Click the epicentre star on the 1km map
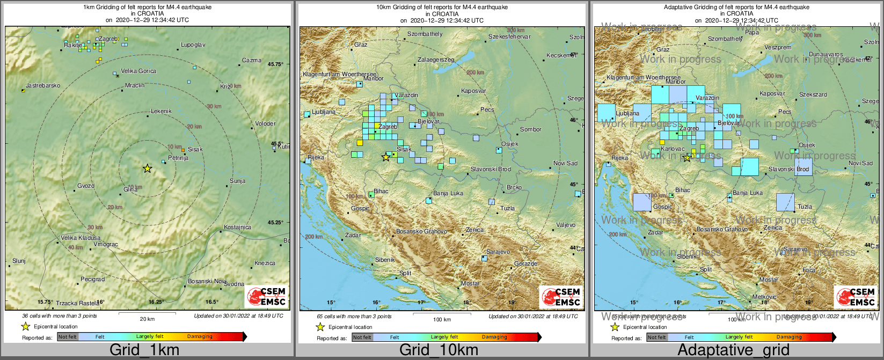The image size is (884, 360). coord(147,168)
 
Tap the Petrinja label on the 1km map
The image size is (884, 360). coord(178,158)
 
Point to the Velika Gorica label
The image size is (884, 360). coord(138,71)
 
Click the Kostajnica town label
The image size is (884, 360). coord(237,227)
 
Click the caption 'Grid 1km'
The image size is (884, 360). coord(144,350)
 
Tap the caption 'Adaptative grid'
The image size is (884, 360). coord(733,350)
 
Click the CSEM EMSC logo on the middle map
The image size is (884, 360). coord(560,297)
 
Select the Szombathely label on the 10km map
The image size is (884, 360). coord(425,34)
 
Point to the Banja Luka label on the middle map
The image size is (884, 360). coord(448,193)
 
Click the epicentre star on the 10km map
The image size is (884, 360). coord(385,157)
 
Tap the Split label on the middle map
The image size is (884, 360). coord(405,273)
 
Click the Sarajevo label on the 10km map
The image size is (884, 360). coord(498,252)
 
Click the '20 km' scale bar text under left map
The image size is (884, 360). coord(147,319)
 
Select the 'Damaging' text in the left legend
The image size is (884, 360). coord(200,336)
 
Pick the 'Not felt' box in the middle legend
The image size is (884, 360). coord(362,337)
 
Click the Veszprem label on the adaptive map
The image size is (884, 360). coord(778,47)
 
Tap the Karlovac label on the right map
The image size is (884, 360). coord(673,149)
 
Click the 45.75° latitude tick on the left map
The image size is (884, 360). coord(275,64)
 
